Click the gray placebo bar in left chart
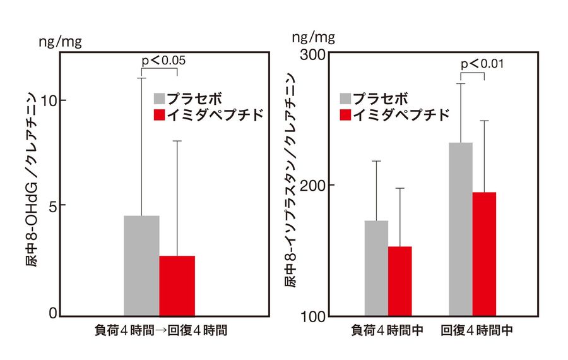[x=141, y=265]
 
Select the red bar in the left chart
[x=177, y=285]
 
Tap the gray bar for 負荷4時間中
[x=376, y=268]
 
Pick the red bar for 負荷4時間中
[x=399, y=281]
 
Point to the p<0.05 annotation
[x=163, y=60]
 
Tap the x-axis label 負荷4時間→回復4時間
[x=160, y=330]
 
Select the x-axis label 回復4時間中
[x=476, y=330]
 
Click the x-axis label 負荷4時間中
[x=387, y=330]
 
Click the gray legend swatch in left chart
[x=160, y=99]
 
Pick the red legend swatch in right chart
[x=345, y=114]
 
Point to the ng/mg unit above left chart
[x=60, y=42]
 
